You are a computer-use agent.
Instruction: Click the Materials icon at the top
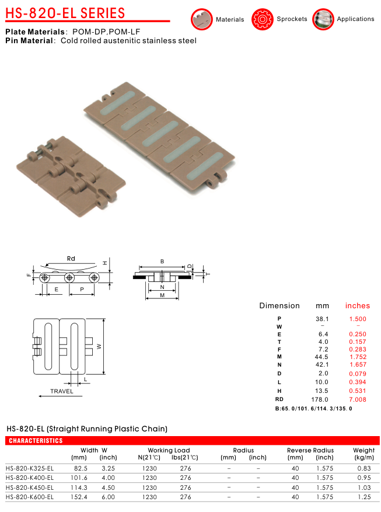[202, 19]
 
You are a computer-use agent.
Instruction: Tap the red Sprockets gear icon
[262, 19]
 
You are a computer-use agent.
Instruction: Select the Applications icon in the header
[323, 19]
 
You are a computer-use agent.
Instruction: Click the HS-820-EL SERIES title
[65, 13]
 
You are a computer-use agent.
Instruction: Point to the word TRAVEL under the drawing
[62, 391]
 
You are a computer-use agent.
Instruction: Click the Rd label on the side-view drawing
[71, 259]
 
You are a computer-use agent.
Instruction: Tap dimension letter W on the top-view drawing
[99, 346]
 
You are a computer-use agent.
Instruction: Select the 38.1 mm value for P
[322, 319]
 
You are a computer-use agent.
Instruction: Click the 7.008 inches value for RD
[358, 399]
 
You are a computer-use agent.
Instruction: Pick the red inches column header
[358, 306]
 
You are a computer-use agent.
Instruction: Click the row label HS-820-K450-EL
[30, 487]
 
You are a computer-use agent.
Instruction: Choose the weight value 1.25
[364, 497]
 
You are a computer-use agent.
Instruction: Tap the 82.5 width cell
[81, 468]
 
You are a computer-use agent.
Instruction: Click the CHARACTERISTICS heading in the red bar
[36, 441]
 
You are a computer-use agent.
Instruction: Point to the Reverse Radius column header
[310, 450]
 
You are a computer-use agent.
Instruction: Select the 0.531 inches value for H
[358, 391]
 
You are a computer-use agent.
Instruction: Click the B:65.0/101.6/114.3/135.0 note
[313, 409]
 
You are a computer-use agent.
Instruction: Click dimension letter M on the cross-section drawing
[162, 295]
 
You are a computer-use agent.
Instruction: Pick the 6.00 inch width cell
[109, 497]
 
